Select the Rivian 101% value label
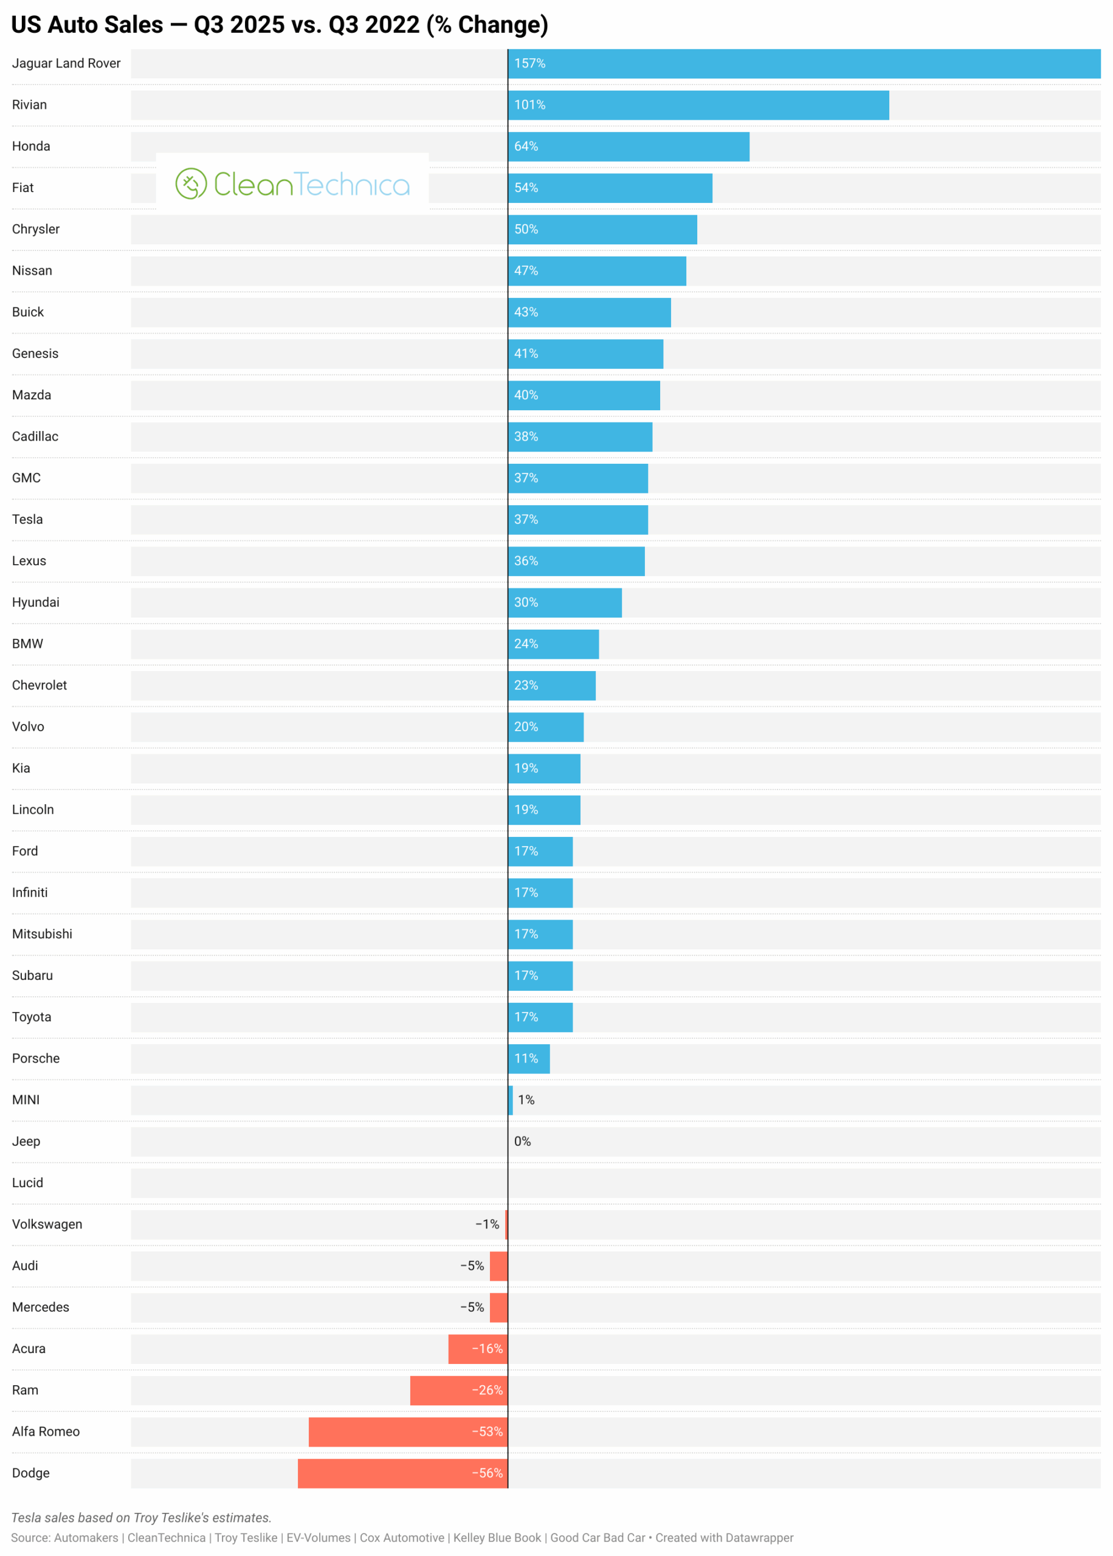point(530,105)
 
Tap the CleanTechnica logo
point(292,184)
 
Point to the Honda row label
point(31,146)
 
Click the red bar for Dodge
point(402,1473)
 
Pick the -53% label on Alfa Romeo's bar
point(488,1431)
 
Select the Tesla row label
point(27,519)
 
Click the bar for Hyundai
point(565,602)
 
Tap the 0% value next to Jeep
point(522,1141)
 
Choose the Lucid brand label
point(27,1183)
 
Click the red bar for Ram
point(458,1390)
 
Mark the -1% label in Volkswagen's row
point(488,1224)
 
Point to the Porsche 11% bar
point(528,1059)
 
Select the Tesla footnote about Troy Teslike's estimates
point(141,1518)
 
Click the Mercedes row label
point(41,1307)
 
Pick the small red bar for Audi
point(498,1265)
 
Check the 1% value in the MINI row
point(526,1100)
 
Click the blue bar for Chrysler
point(602,230)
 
